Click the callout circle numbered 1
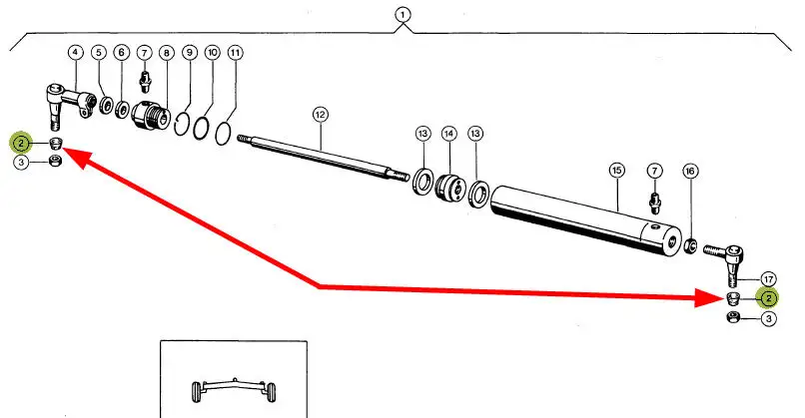(x=402, y=15)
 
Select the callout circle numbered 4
(x=76, y=52)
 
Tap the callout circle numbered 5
(x=99, y=52)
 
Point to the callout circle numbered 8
(x=166, y=52)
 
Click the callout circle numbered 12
(x=320, y=115)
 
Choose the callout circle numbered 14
(x=448, y=134)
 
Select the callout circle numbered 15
(x=616, y=171)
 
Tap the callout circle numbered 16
(x=689, y=172)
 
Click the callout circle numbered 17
(x=768, y=278)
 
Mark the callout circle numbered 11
(x=234, y=52)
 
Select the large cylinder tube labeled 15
(x=579, y=216)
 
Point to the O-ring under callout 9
(x=183, y=124)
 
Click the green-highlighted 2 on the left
(x=21, y=144)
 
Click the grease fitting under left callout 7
(x=146, y=77)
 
